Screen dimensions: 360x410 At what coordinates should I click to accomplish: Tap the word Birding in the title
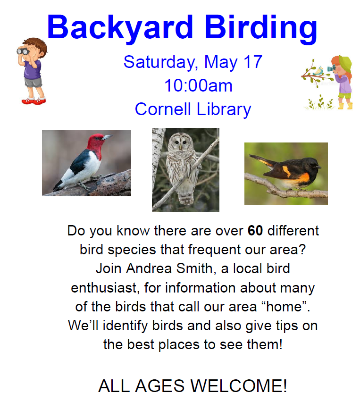[x=260, y=28]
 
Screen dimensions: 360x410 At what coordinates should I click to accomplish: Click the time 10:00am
[x=198, y=85]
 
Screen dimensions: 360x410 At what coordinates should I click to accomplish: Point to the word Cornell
[x=163, y=109]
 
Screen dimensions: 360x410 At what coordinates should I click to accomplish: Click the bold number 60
[x=255, y=231]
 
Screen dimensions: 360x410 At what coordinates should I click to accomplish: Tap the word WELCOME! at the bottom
[x=239, y=385]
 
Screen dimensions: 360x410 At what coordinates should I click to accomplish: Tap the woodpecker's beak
[x=107, y=137]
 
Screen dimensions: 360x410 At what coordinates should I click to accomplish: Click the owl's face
[x=180, y=142]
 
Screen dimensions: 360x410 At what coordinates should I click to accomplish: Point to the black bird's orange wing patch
[x=287, y=171]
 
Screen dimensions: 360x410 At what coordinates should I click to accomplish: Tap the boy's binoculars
[x=23, y=51]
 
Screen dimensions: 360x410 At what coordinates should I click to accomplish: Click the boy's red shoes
[x=33, y=100]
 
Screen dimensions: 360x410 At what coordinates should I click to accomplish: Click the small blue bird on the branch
[x=318, y=71]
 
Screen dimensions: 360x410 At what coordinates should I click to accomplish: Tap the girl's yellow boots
[x=345, y=106]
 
